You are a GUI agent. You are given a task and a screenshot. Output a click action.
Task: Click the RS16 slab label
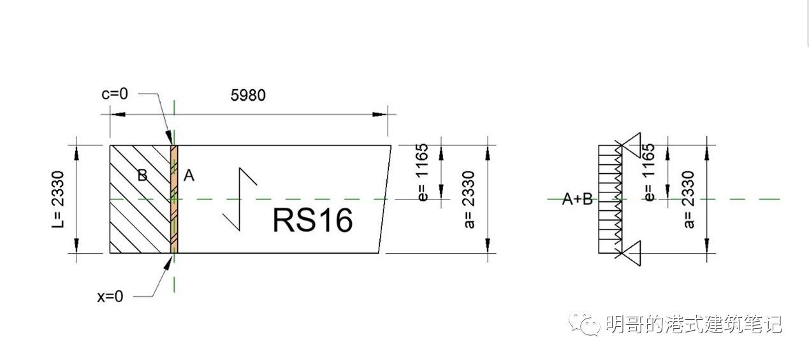[312, 220]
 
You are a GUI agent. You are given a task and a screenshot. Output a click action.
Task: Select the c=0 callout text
[115, 94]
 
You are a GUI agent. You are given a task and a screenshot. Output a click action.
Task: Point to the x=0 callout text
[110, 296]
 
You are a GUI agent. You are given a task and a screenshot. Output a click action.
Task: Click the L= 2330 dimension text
[58, 199]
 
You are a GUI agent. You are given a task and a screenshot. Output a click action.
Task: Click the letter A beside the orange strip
[188, 176]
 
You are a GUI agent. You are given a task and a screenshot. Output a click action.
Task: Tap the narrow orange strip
[173, 199]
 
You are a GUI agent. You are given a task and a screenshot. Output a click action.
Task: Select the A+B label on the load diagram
[577, 199]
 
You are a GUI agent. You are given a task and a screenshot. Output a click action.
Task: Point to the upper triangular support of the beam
[634, 145]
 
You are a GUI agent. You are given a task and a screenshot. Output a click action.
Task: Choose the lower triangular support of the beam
[634, 254]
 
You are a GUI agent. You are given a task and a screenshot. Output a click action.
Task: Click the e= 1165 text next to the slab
[423, 172]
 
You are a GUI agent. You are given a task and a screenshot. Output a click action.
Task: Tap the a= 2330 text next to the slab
[470, 199]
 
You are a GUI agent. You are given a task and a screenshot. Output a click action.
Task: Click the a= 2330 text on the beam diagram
[689, 199]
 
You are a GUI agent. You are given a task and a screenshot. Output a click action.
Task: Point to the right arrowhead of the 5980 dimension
[381, 115]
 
